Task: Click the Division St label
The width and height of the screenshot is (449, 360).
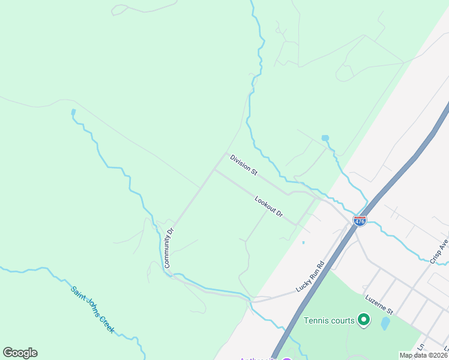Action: point(244,165)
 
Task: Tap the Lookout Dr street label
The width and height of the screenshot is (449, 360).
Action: point(268,206)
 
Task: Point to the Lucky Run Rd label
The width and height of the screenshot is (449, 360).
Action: point(310,276)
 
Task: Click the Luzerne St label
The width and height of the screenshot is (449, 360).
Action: point(378,304)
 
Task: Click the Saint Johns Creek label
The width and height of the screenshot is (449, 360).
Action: point(92,310)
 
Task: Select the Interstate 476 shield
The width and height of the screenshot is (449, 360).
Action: point(360,221)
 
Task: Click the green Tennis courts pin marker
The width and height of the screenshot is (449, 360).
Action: point(363,320)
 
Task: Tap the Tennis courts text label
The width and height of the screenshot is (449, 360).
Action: point(329,320)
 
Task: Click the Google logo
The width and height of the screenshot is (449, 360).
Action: point(20,353)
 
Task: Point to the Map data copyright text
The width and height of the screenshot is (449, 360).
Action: point(423,355)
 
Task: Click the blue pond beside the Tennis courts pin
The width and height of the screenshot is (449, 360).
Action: point(385,324)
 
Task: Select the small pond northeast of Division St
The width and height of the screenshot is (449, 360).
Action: point(325,138)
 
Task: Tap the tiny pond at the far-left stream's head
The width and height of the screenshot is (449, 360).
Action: point(73,112)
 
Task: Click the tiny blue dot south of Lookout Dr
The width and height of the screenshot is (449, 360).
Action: point(303,242)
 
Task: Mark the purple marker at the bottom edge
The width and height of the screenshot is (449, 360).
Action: point(287,358)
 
